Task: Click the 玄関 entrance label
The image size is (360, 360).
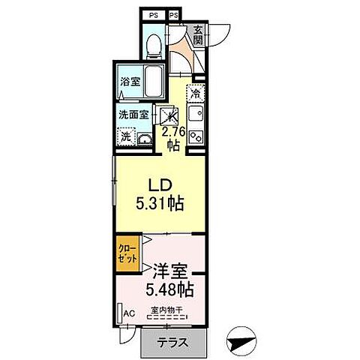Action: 198,36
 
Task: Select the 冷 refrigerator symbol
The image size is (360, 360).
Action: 194,94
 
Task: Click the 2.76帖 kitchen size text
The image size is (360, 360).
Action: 172,139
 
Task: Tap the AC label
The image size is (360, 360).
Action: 128,313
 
